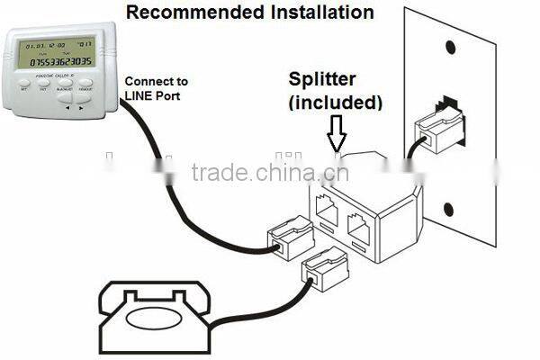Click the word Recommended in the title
pyautogui.click(x=186, y=13)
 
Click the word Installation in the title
pyautogui.click(x=315, y=13)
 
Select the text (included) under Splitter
pyautogui.click(x=335, y=103)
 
